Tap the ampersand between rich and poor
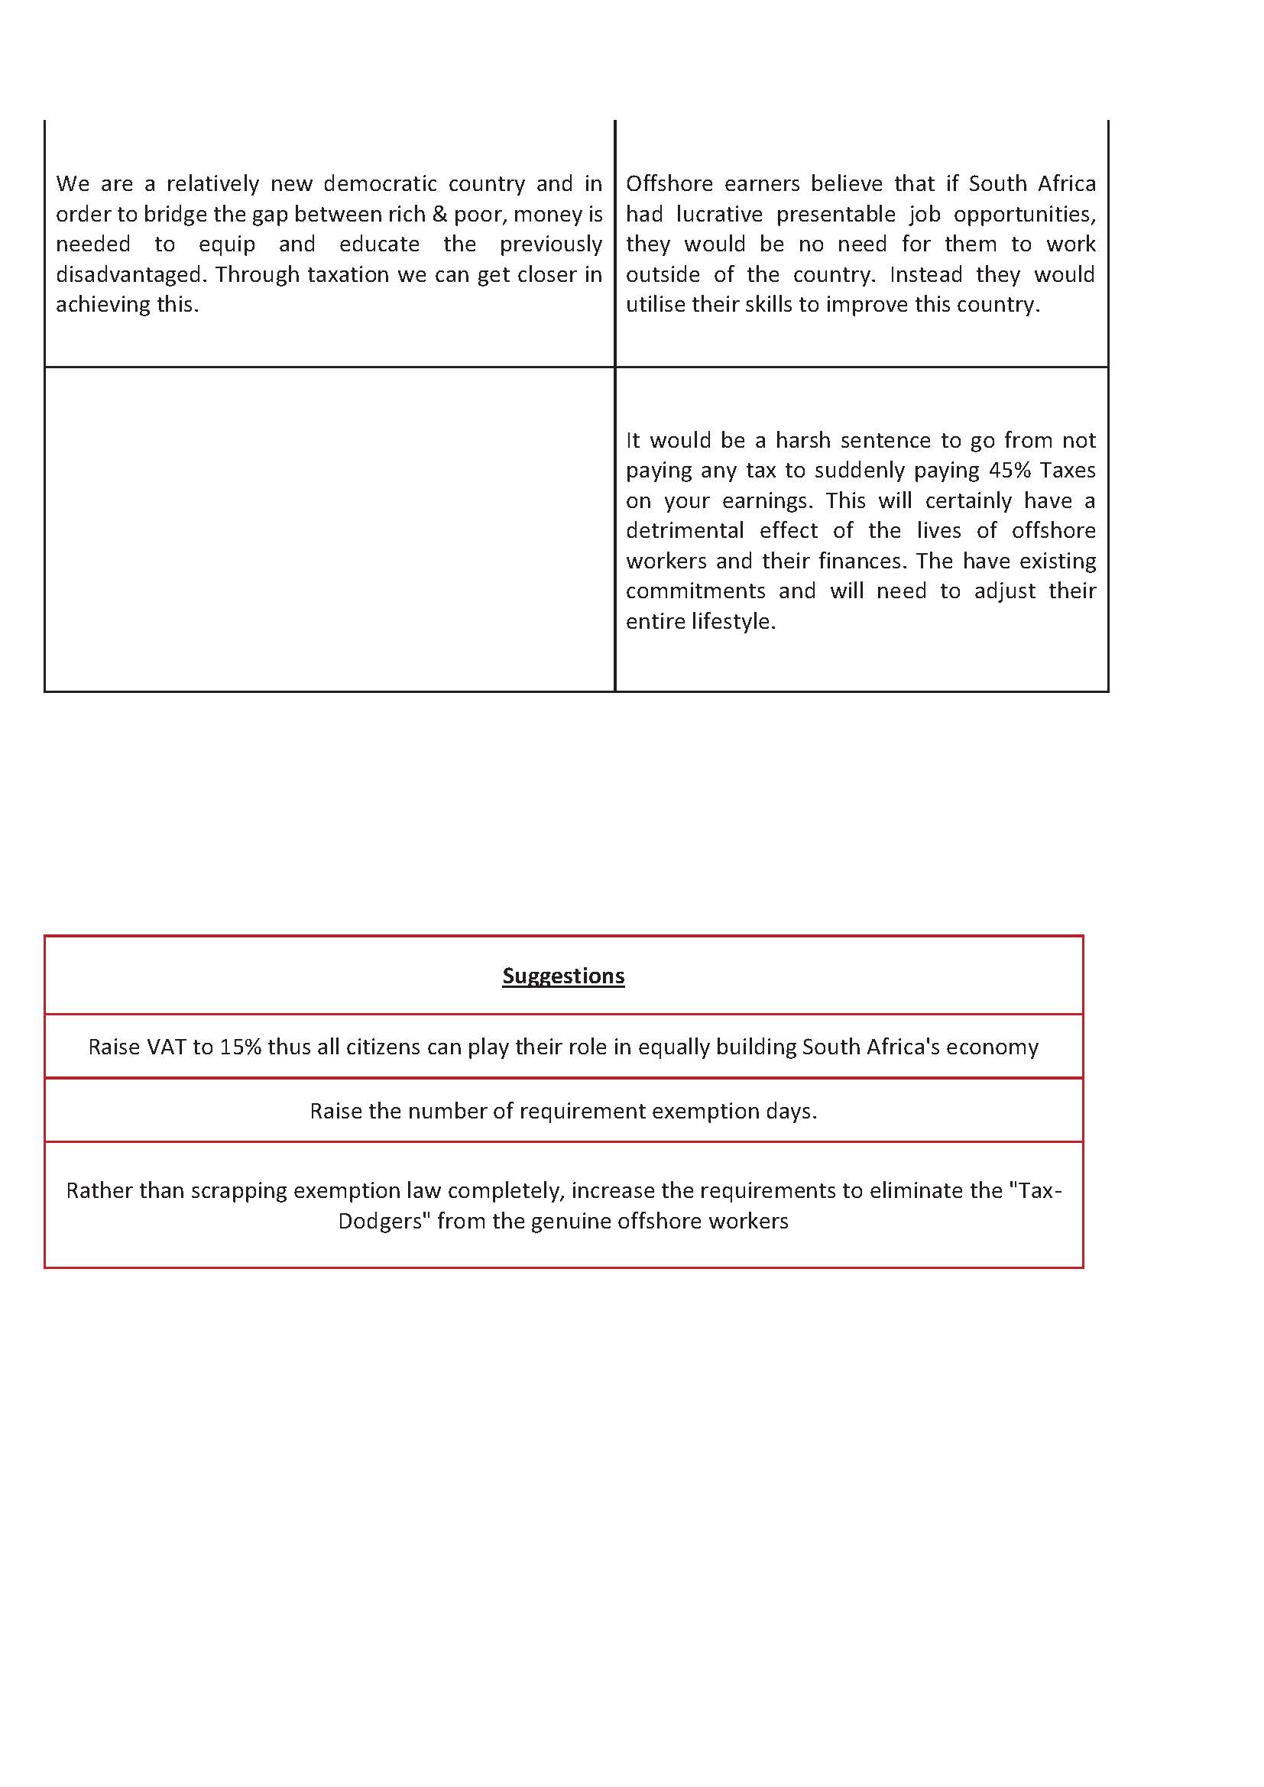tap(440, 214)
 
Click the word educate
tap(379, 244)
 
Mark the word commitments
tap(694, 591)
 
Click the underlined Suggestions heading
tap(563, 976)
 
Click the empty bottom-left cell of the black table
tap(329, 529)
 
